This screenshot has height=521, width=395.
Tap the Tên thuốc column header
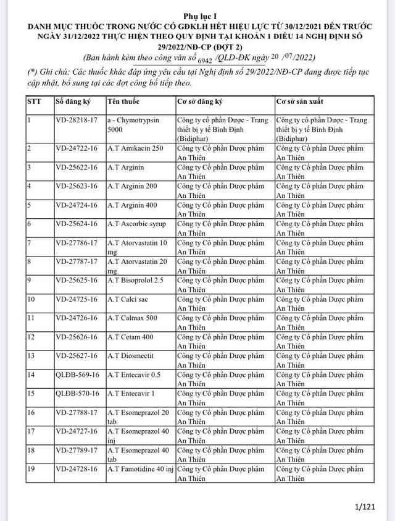click(123, 100)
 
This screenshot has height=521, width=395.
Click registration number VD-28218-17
click(77, 120)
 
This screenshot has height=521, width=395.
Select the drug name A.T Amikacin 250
click(136, 149)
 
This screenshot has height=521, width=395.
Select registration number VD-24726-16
click(77, 318)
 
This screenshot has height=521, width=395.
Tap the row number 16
click(31, 412)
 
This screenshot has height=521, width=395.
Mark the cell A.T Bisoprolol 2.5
click(136, 281)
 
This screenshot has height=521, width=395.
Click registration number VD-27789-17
click(77, 450)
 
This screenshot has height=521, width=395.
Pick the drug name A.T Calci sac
click(130, 300)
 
